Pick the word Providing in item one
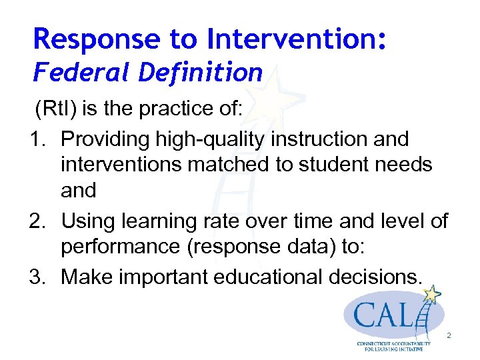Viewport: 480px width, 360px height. pos(105,139)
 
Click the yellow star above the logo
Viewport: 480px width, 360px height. pos(434,293)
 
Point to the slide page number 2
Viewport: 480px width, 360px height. pos(449,336)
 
